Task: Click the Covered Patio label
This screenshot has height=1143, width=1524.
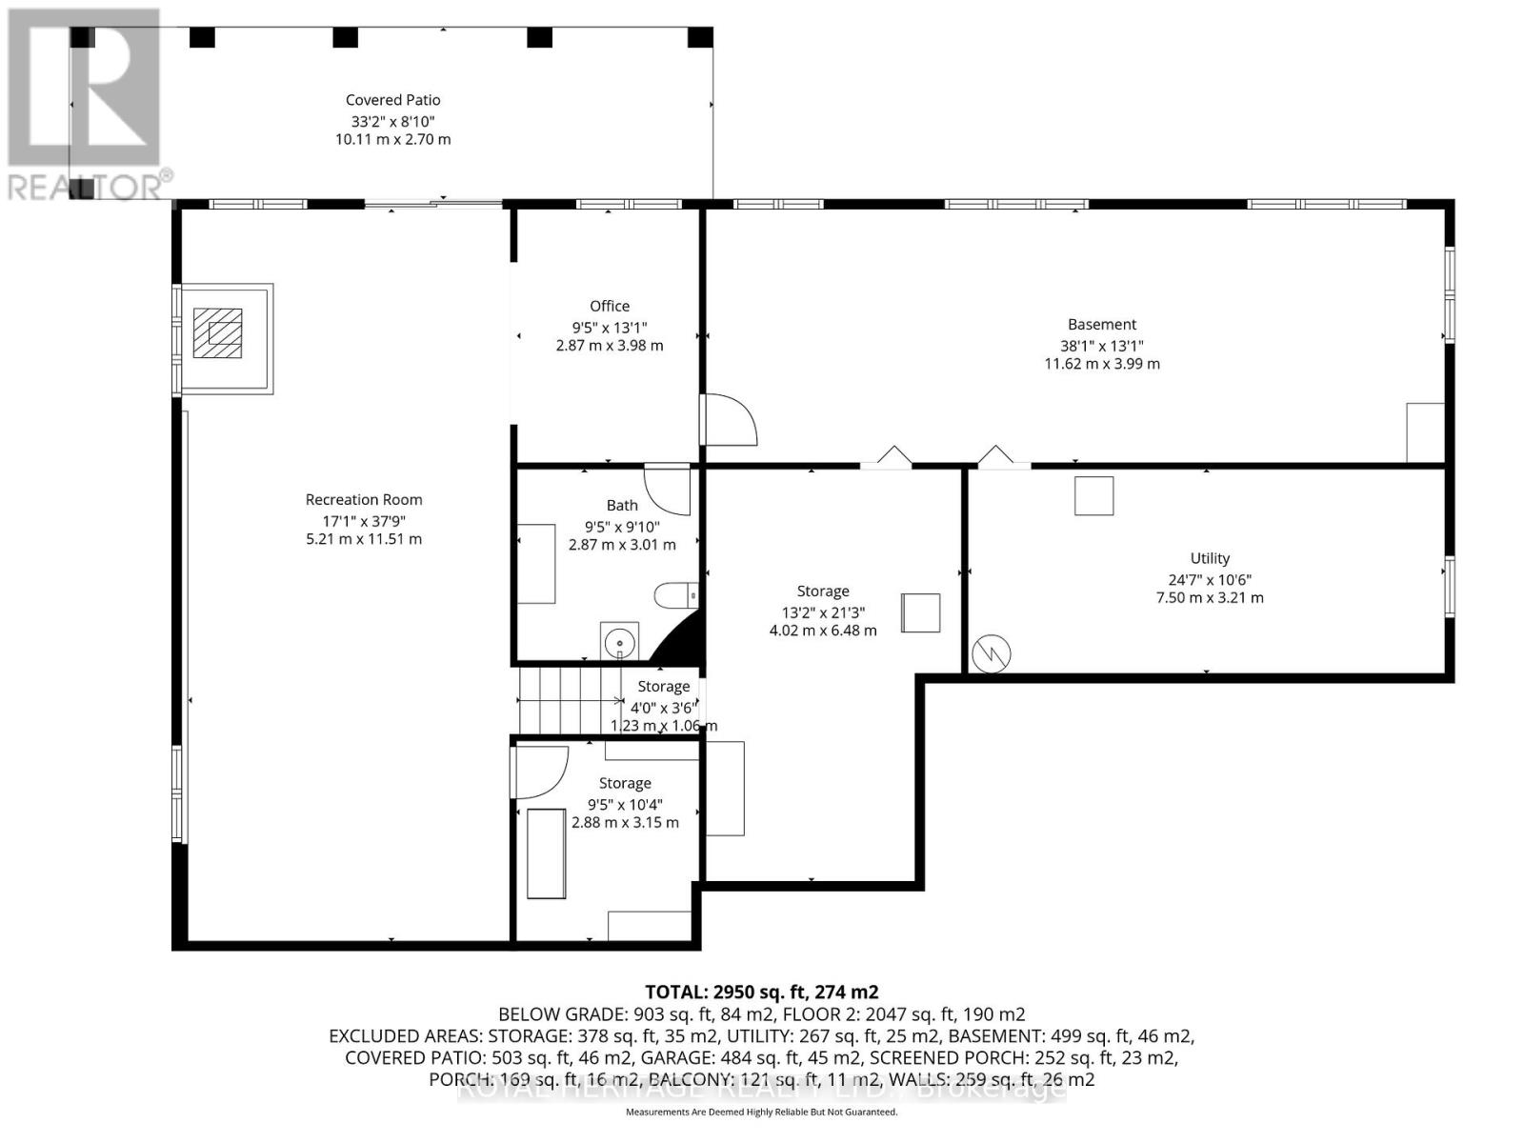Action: point(392,100)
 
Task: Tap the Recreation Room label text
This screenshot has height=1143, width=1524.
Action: point(363,499)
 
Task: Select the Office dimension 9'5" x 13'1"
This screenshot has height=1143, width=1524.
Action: point(609,327)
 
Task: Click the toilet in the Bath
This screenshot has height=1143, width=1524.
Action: point(675,595)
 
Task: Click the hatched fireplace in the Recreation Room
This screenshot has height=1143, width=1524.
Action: point(217,332)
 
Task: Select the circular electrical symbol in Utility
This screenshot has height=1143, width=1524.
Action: point(991,654)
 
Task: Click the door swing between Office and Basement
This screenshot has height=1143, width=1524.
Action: point(729,420)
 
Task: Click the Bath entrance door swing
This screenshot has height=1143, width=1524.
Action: point(667,488)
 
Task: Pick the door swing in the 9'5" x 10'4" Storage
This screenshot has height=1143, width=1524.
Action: point(540,771)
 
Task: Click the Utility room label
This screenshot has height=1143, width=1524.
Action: point(1209,558)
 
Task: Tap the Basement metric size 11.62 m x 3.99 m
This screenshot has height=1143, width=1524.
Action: point(1102,364)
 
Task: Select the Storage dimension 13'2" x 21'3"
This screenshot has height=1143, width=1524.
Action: point(822,612)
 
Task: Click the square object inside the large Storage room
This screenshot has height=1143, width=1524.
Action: point(921,612)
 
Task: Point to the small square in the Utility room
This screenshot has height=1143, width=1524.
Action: point(1093,496)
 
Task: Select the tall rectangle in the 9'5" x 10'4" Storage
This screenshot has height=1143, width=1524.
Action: point(546,852)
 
